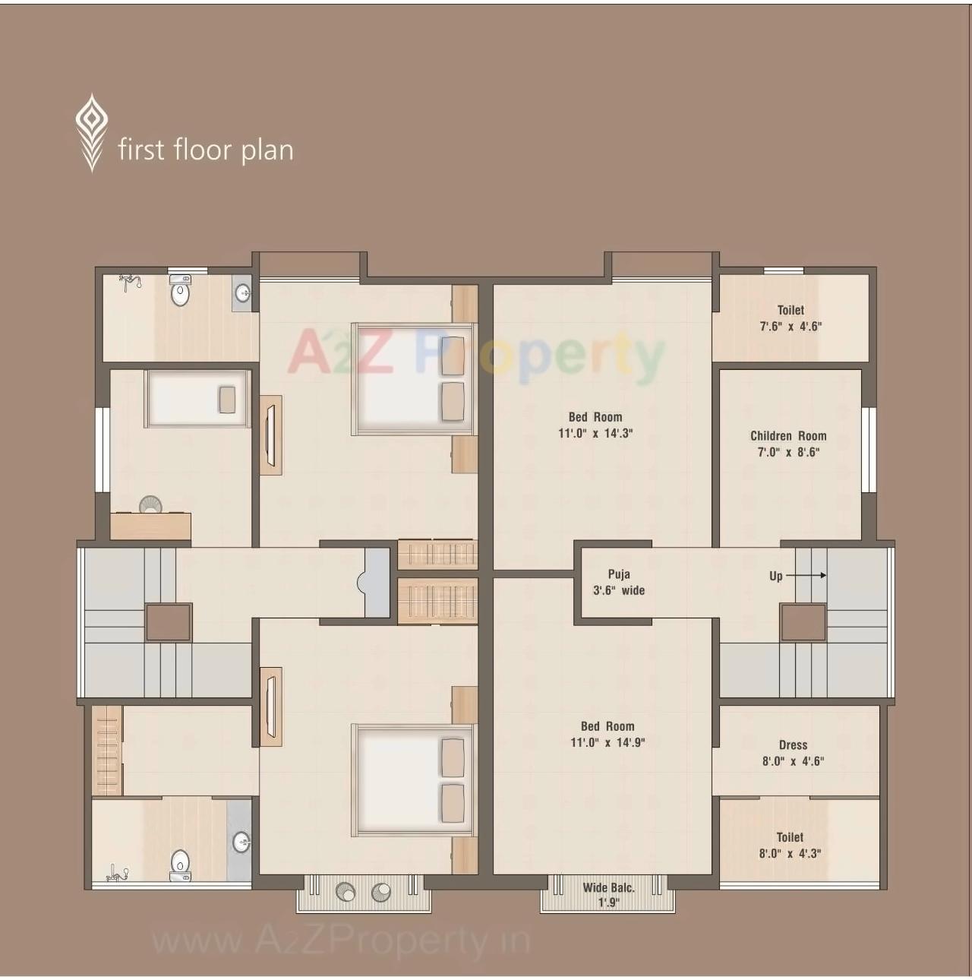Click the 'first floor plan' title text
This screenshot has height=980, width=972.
pos(205,150)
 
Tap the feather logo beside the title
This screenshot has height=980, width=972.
pos(91,132)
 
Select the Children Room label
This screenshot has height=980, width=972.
pos(788,444)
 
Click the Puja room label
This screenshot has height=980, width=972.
pos(619,582)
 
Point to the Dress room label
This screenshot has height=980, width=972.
pos(793,753)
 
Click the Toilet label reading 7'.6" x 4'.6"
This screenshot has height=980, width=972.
pos(791,318)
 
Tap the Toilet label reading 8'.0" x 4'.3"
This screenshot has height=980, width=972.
pos(790,845)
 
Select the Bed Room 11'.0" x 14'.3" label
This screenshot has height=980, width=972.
pos(595,425)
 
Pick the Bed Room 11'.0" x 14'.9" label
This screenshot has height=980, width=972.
pos(607,734)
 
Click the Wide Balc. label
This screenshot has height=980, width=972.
pos(608,894)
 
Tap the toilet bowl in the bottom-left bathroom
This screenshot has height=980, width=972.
pos(180,864)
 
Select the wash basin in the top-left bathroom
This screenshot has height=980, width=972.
pos(243,292)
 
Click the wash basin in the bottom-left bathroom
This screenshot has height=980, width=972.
pos(241,841)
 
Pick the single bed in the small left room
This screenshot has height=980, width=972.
pos(197,399)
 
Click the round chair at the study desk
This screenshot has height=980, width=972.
pos(150,504)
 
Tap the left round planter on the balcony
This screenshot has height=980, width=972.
pos(346,892)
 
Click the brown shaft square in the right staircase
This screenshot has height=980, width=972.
pos(803,622)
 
